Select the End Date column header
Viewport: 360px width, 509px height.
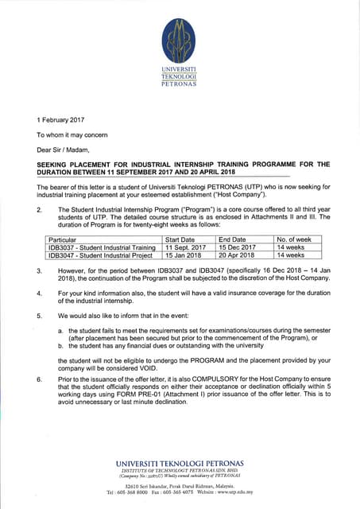tap(232, 239)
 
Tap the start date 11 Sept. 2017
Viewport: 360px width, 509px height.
tap(184, 247)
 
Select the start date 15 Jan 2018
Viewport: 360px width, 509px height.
tap(183, 255)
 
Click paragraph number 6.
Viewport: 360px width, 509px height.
tap(39, 380)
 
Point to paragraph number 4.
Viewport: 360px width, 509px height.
tap(39, 293)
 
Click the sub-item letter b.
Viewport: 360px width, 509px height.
tap(60, 345)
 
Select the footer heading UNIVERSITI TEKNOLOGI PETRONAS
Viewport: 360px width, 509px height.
tap(180, 464)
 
